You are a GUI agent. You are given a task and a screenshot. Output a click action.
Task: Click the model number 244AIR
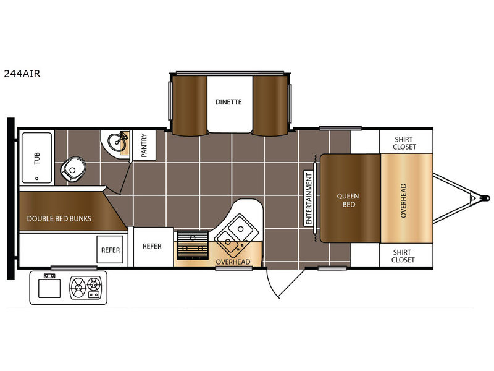tap(22, 74)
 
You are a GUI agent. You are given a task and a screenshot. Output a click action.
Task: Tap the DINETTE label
tap(228, 102)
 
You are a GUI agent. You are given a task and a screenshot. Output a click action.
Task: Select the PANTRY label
tap(144, 145)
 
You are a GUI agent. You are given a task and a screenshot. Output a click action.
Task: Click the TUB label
tap(37, 158)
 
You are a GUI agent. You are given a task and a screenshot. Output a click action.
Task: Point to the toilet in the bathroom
tap(73, 169)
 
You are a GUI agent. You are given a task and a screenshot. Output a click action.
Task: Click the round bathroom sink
tap(117, 142)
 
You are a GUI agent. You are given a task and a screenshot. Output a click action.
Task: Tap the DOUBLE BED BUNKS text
tap(59, 219)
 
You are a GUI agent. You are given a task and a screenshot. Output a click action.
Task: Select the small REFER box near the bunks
tap(110, 250)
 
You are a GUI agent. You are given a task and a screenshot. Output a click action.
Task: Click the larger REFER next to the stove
tap(152, 246)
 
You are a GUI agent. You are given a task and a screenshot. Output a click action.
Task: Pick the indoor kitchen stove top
tap(192, 245)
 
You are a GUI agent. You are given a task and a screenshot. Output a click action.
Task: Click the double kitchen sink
tap(235, 233)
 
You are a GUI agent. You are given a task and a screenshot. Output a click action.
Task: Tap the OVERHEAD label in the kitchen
tap(233, 262)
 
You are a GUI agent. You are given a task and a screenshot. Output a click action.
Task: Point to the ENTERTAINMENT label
tap(308, 198)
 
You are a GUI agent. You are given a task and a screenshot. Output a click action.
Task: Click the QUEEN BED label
tap(348, 200)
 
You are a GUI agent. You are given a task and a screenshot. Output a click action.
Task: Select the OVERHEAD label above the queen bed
tap(403, 200)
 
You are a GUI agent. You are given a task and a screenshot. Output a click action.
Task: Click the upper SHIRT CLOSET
tap(404, 143)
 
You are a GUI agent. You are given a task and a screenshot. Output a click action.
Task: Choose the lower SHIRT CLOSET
tap(403, 256)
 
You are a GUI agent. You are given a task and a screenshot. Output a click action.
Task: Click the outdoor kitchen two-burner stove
tap(86, 288)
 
